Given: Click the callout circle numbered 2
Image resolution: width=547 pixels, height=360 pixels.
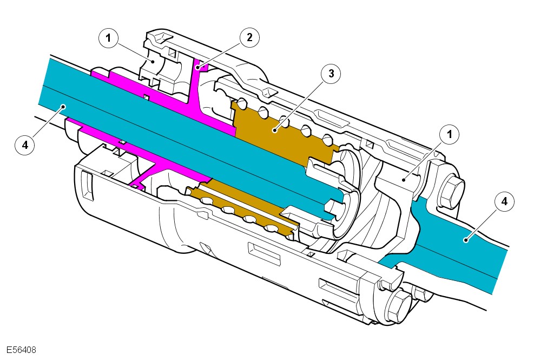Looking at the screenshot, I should (249, 37).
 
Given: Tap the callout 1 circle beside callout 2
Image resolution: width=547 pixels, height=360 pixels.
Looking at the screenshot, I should (109, 38).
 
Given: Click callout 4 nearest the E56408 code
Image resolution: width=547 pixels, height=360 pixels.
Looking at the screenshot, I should (25, 145).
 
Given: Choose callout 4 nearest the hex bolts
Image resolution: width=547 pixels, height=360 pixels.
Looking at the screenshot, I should (504, 202).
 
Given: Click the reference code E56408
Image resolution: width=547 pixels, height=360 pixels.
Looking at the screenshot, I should (22, 350).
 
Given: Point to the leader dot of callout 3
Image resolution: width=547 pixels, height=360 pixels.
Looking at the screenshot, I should (275, 130).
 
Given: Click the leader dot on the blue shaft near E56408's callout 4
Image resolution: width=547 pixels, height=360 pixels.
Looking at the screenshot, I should (64, 107).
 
